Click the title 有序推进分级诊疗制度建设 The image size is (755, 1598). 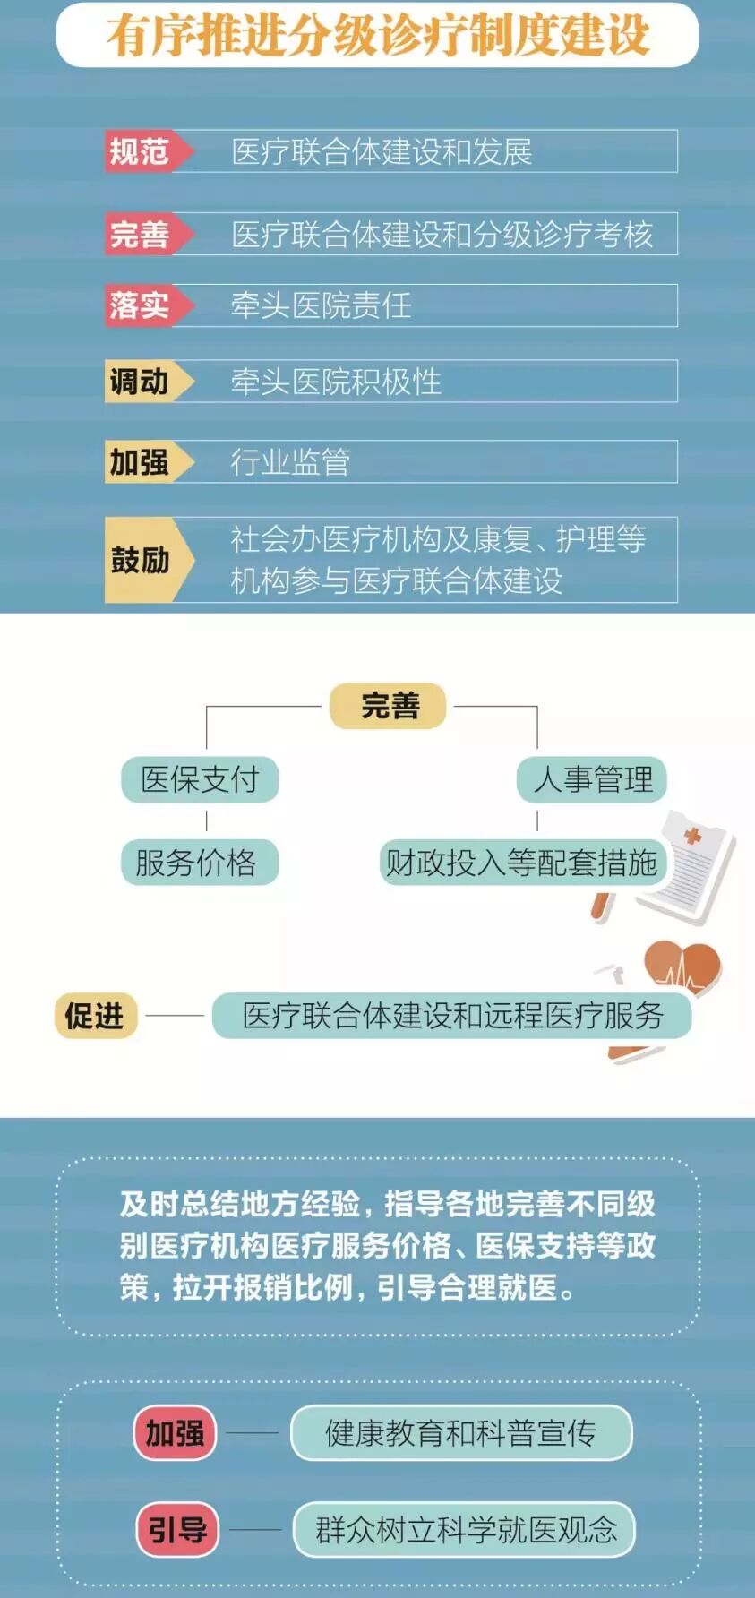(x=377, y=35)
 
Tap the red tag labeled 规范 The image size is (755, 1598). (x=141, y=150)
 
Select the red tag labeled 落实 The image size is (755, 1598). (x=141, y=305)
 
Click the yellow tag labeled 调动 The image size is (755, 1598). (x=141, y=382)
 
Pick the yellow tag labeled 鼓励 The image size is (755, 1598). (x=141, y=560)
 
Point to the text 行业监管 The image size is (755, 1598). (x=290, y=461)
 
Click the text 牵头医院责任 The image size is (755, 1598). (x=321, y=305)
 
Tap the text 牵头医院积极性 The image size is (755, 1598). (x=336, y=382)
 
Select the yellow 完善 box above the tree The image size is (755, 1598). (x=389, y=706)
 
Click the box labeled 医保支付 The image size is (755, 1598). (x=200, y=779)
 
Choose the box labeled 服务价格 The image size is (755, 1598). (x=198, y=863)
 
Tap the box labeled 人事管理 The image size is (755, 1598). (x=592, y=779)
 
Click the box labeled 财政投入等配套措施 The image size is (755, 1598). (x=521, y=863)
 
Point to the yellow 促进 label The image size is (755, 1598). (x=95, y=1016)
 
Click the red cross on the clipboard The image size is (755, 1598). (x=691, y=836)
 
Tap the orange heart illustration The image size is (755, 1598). (x=683, y=967)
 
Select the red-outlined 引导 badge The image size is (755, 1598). (x=177, y=1529)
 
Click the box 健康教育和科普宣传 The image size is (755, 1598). (x=461, y=1433)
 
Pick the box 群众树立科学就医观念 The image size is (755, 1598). (x=464, y=1529)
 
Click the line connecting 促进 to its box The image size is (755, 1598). (x=175, y=1016)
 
